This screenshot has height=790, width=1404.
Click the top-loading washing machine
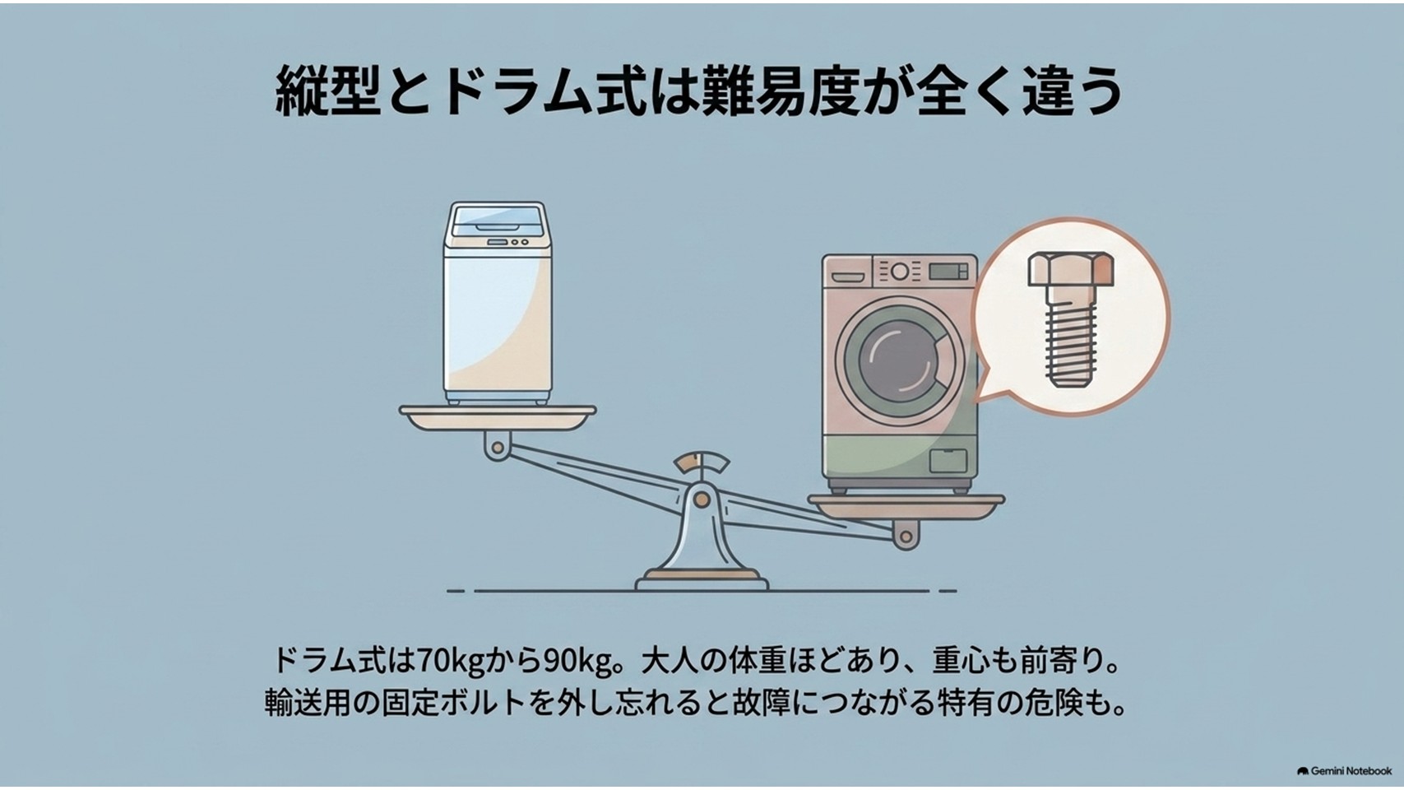coord(498,304)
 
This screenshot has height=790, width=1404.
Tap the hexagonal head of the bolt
coord(1071,270)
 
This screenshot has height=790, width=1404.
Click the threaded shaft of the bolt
coord(1071,337)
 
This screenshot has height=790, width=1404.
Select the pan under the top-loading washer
coord(498,417)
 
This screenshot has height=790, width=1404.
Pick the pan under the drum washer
coord(906,507)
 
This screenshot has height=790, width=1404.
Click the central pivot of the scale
coord(702,500)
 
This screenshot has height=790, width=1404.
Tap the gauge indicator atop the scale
coord(702,462)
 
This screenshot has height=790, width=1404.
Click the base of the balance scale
coord(702,581)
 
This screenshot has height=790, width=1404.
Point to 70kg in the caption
coord(449,661)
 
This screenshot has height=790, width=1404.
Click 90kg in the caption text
coord(578,661)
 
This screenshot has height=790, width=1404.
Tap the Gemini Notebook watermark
coord(1345,770)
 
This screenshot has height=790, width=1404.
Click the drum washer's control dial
coord(900,272)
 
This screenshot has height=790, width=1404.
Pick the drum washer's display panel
coord(948,272)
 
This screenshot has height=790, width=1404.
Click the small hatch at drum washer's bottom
coord(948,460)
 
